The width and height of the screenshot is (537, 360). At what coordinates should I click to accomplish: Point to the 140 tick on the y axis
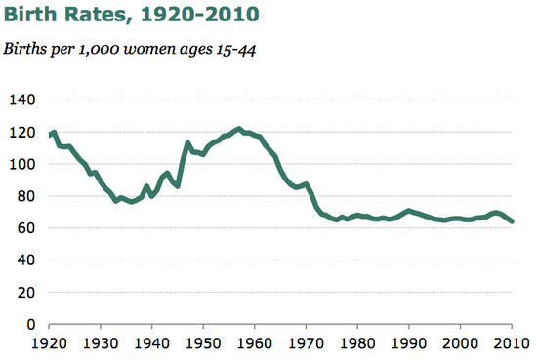tap(22, 100)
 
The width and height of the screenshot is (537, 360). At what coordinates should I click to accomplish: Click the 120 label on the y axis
tap(22, 132)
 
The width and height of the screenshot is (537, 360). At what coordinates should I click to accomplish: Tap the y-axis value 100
tap(22, 164)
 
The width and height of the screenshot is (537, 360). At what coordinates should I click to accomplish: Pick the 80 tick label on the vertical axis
tap(26, 196)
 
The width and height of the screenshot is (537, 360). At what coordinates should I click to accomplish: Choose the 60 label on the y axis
tap(26, 228)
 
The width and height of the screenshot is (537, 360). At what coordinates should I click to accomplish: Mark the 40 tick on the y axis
tap(26, 260)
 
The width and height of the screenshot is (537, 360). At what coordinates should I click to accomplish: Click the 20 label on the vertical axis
tap(26, 292)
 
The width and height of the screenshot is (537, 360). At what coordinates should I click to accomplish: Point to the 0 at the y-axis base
tap(30, 324)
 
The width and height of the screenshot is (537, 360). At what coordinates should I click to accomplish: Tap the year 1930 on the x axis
tap(100, 343)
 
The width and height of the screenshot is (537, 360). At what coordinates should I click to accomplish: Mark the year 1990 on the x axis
tap(409, 343)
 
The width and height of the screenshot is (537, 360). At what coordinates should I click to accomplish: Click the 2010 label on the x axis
tap(511, 343)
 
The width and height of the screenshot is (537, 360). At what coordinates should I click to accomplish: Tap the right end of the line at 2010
tap(513, 221)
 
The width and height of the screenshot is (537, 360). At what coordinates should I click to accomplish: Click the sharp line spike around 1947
tap(187, 143)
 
